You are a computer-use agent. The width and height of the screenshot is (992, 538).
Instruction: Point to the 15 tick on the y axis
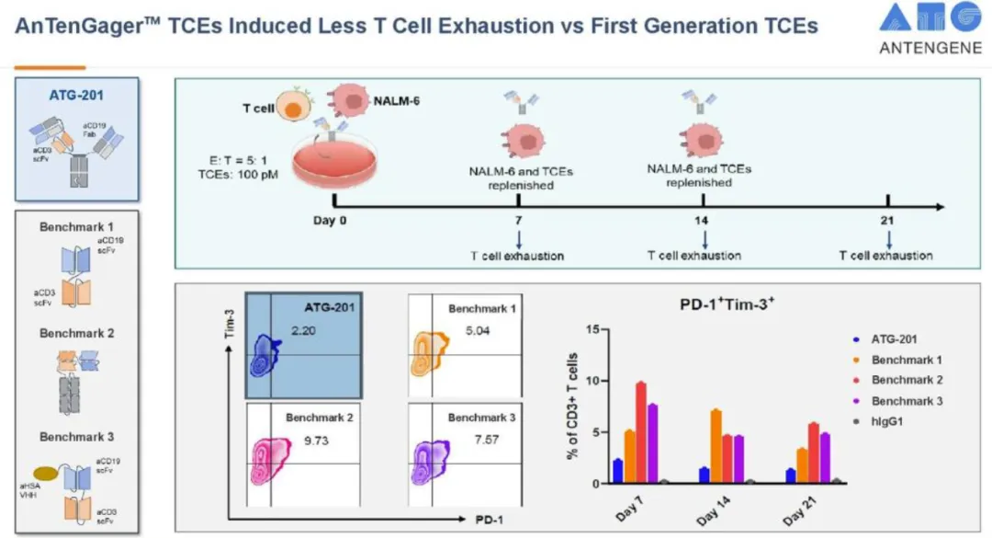coord(592,329)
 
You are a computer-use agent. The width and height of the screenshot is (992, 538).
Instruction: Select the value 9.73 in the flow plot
coord(318,442)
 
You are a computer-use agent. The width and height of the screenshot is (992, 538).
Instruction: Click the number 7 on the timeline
coord(520,222)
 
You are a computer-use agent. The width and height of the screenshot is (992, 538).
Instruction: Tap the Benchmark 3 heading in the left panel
coord(77,437)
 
